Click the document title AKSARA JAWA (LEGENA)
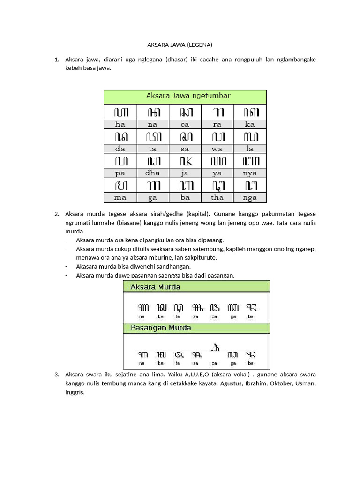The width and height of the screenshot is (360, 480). [x=180, y=45]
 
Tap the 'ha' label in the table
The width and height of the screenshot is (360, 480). [x=120, y=124]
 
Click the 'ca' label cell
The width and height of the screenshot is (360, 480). [x=185, y=124]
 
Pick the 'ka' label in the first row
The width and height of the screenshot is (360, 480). [x=250, y=124]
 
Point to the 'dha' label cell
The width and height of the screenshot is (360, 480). [x=152, y=173]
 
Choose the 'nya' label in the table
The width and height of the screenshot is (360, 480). [x=250, y=173]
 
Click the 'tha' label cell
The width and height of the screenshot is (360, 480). [x=217, y=197]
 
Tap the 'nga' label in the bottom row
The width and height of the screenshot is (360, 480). [x=250, y=197]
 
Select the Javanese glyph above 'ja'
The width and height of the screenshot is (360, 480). [x=185, y=161]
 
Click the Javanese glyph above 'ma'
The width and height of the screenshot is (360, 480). [x=120, y=185]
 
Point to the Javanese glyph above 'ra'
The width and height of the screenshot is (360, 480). [x=217, y=112]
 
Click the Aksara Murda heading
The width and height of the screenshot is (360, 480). [x=155, y=286]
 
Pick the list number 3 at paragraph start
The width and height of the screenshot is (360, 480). [x=56, y=375]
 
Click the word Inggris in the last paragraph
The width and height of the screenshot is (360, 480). [x=75, y=392]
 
